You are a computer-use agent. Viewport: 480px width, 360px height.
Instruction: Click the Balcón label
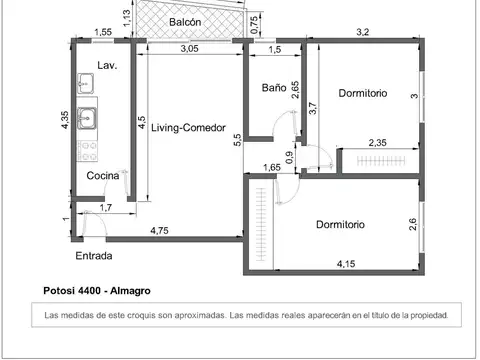[185, 22]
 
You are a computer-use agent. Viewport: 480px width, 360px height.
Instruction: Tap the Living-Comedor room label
[188, 128]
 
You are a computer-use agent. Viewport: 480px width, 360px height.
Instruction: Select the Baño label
[274, 88]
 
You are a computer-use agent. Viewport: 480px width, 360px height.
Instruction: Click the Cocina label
[103, 176]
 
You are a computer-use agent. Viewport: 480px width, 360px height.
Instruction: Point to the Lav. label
[107, 65]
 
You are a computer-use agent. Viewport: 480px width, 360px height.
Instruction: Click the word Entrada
[94, 256]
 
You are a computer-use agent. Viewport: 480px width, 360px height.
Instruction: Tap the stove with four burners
[88, 151]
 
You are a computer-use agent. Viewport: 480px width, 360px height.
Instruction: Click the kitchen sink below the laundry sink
[87, 118]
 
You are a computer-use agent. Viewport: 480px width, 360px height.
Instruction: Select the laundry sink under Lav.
[85, 83]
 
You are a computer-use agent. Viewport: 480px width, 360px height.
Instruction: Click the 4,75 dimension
[159, 231]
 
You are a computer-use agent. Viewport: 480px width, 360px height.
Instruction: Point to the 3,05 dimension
[190, 49]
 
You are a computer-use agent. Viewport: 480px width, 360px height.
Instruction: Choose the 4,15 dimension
[346, 264]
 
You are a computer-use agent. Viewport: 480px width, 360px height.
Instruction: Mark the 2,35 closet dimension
[378, 143]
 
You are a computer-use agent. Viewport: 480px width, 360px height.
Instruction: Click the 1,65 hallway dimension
[272, 167]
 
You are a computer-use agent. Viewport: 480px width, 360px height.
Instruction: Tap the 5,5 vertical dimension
[237, 140]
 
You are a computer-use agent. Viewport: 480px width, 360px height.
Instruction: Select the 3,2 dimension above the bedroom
[363, 32]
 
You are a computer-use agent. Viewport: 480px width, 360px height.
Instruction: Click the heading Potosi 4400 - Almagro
[97, 291]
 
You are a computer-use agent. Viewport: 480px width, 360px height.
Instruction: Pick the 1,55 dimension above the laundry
[103, 32]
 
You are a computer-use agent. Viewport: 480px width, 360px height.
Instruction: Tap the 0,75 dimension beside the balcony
[254, 25]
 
